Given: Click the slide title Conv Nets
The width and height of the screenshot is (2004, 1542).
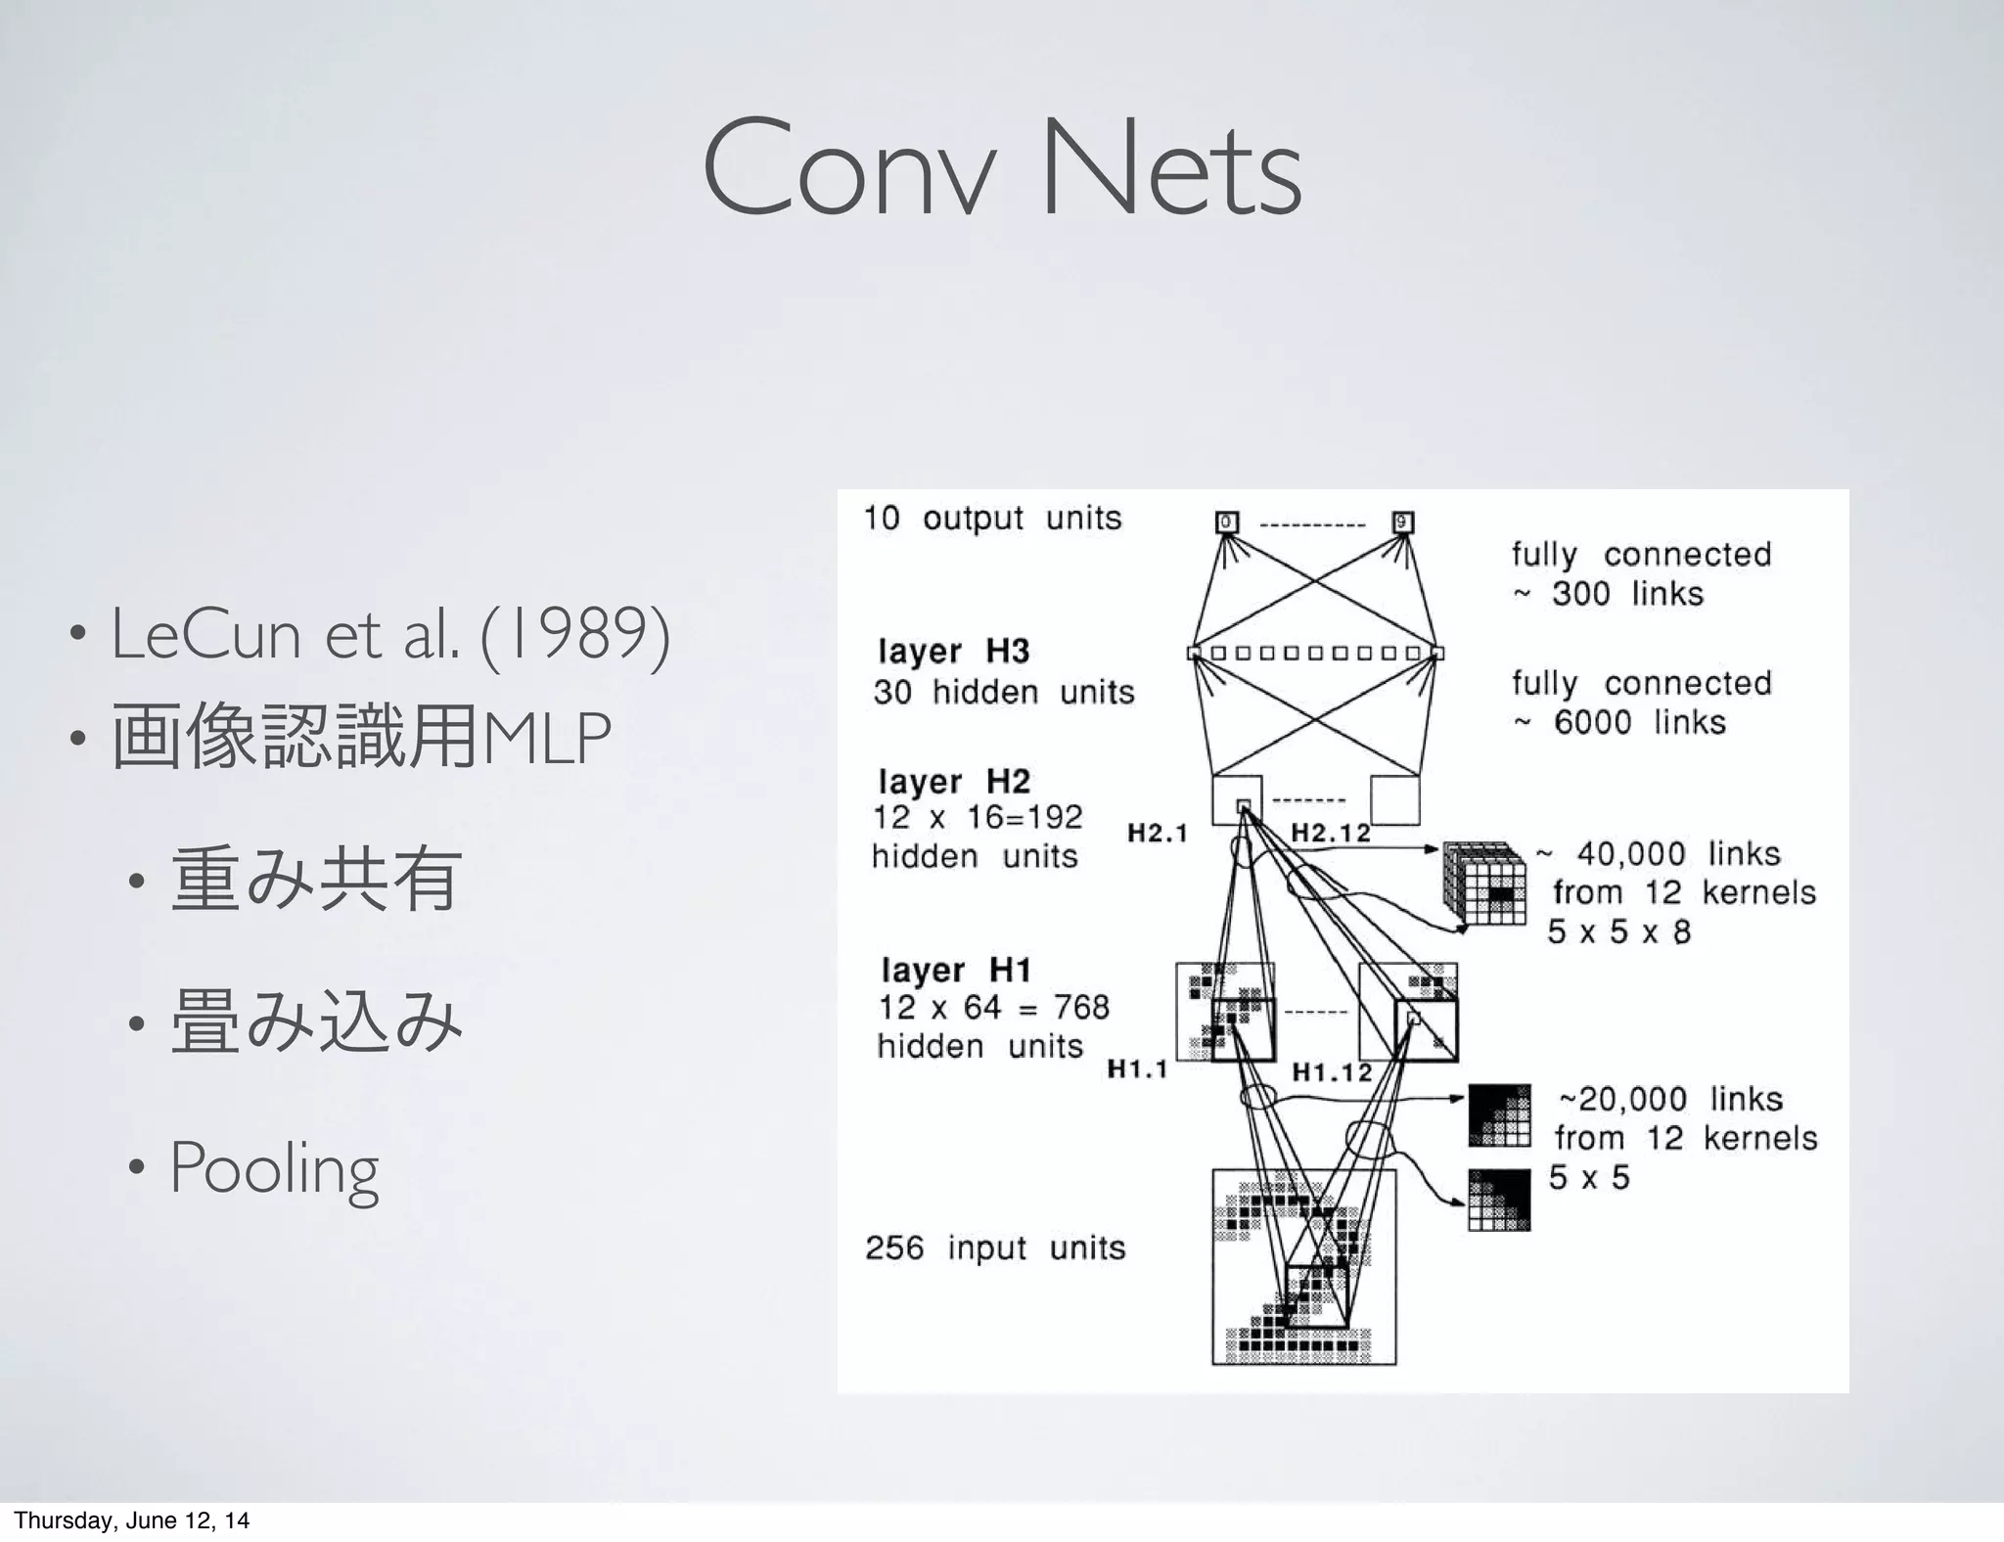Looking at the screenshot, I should pos(1001,169).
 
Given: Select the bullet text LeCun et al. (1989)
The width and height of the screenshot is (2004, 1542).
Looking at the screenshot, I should pos(390,634).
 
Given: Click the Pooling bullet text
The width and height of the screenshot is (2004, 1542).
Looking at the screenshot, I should pos(274,1168).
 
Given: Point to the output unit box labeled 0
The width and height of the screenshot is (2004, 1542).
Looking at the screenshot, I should pos(1226,522).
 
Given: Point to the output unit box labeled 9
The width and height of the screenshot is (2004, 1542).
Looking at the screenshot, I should pos(1402,522).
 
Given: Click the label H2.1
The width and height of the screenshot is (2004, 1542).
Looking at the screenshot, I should pos(1157,834).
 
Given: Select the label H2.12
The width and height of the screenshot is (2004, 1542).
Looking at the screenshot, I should pos(1330,834).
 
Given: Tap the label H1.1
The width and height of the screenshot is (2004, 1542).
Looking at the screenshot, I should pos(1137,1069).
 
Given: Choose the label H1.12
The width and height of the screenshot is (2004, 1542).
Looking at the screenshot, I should pos(1332,1072).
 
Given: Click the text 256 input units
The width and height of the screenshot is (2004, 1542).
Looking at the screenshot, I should pos(995,1248).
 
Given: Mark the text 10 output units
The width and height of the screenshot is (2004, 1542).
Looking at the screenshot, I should pos(991,518).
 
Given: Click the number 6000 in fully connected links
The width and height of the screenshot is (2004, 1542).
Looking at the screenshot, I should pos(1592,723).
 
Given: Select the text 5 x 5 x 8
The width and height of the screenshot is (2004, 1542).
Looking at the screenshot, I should pos(1618,931).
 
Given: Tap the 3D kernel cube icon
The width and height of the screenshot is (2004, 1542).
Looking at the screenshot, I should pos(1484,883).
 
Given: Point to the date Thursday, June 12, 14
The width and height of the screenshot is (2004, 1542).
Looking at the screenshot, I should pos(131,1520).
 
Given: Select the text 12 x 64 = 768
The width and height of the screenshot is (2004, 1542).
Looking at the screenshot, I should pos(993,1007).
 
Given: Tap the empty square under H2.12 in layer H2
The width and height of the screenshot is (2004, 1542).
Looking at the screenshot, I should pos(1394,800).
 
